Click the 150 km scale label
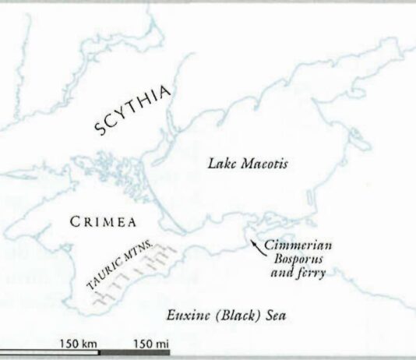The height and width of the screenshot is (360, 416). click(x=77, y=343)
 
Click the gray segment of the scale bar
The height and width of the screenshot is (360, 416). click(x=134, y=353)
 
